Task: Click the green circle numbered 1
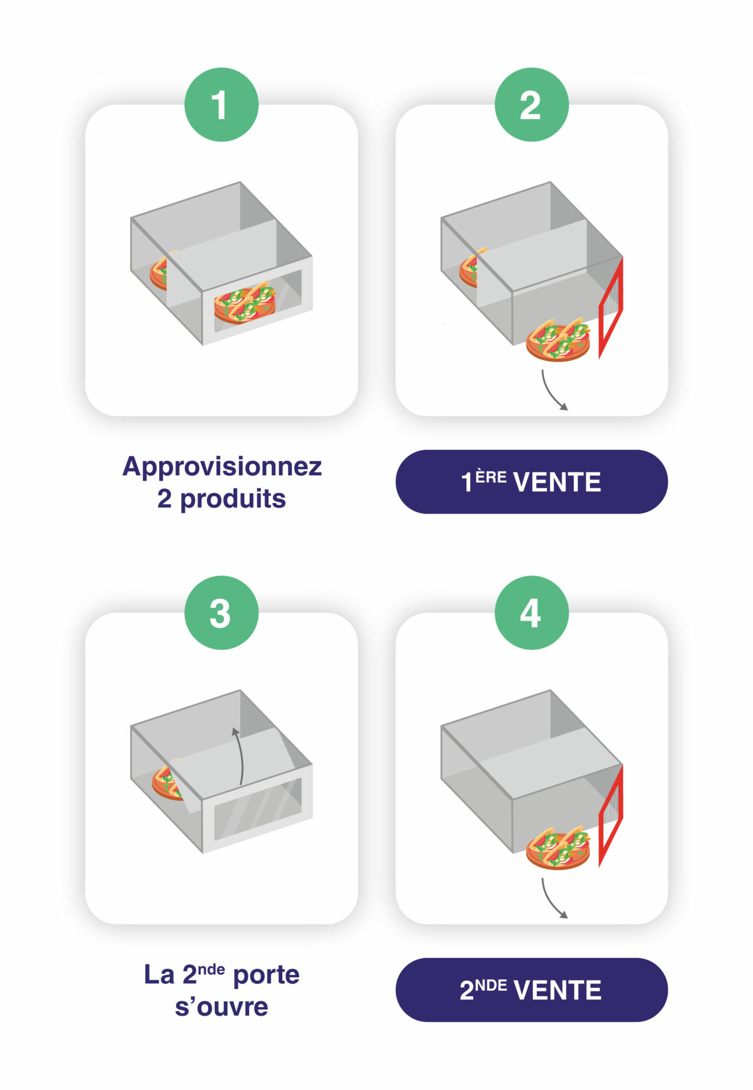[x=221, y=105]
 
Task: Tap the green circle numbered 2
[x=531, y=105]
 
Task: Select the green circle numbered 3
[x=221, y=613]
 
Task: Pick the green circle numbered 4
[x=531, y=613]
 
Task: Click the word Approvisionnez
[x=222, y=467]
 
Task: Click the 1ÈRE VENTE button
[x=531, y=482]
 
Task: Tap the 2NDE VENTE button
[x=531, y=990]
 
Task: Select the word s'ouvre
[x=221, y=1007]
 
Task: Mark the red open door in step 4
[x=611, y=816]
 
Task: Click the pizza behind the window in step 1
[x=245, y=303]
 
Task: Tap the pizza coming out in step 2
[x=558, y=340]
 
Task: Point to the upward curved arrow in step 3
[x=239, y=755]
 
